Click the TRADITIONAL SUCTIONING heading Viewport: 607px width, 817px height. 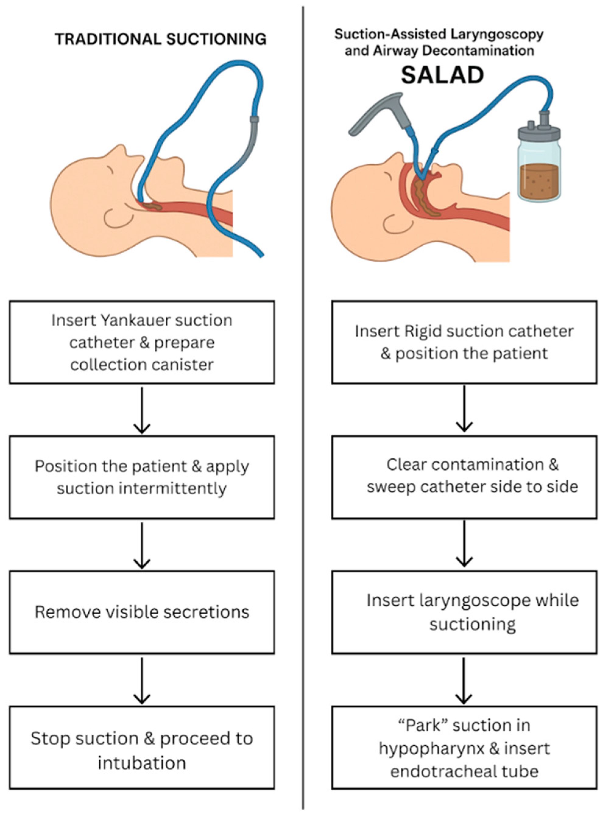(x=161, y=39)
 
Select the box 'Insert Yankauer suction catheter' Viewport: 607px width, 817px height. (x=142, y=342)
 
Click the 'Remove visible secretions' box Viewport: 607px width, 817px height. (x=142, y=612)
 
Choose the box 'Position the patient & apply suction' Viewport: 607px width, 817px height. (x=142, y=477)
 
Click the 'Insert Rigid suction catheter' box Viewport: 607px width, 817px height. (x=464, y=342)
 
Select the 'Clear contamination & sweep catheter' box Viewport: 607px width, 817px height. (x=464, y=477)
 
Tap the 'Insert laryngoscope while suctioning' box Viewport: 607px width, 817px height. (x=464, y=612)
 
